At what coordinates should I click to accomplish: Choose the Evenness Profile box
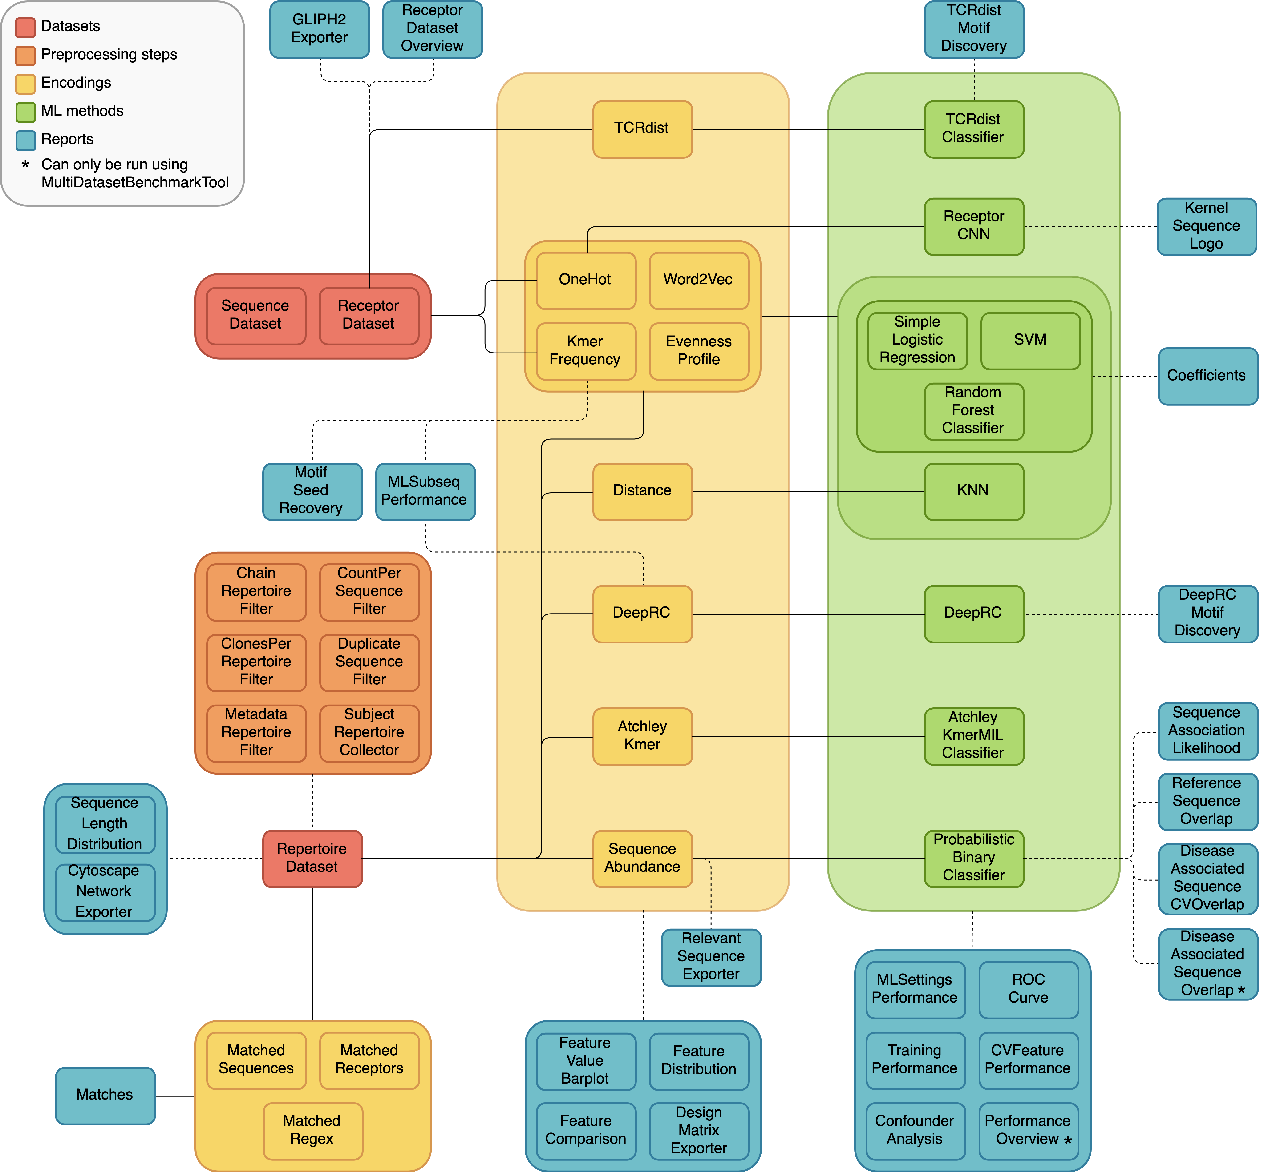(698, 351)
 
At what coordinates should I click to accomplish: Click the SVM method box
(1030, 341)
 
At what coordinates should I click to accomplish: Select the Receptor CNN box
(973, 226)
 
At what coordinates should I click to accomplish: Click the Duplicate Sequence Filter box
(369, 662)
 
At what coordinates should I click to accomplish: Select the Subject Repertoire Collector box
(369, 732)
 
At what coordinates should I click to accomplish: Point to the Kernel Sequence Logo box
(1206, 226)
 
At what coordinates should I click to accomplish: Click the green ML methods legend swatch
(25, 112)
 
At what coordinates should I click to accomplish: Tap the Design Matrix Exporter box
(698, 1131)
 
